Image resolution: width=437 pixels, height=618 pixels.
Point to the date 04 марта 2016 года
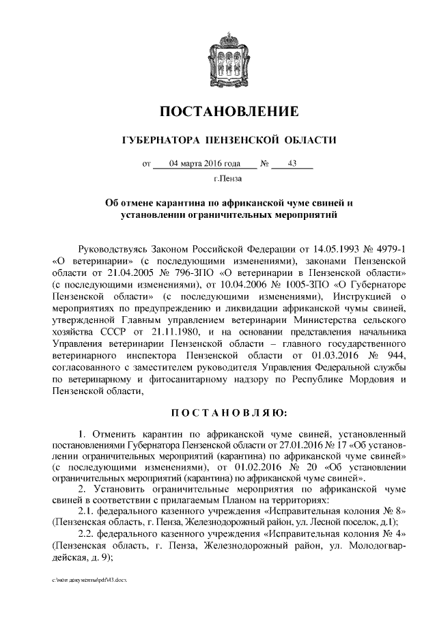[x=204, y=164]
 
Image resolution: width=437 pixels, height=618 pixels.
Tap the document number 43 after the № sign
[x=292, y=164]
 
